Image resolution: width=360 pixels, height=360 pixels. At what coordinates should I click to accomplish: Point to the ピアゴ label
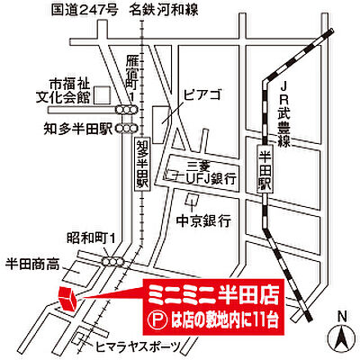pyautogui.click(x=199, y=94)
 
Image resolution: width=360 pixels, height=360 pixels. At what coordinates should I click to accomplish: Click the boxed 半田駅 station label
pyautogui.click(x=264, y=166)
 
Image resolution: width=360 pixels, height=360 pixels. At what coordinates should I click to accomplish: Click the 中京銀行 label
pyautogui.click(x=204, y=220)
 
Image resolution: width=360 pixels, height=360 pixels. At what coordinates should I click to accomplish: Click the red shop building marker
pyautogui.click(x=66, y=297)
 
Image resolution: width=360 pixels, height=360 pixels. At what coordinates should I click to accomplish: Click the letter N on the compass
pyautogui.click(x=341, y=315)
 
